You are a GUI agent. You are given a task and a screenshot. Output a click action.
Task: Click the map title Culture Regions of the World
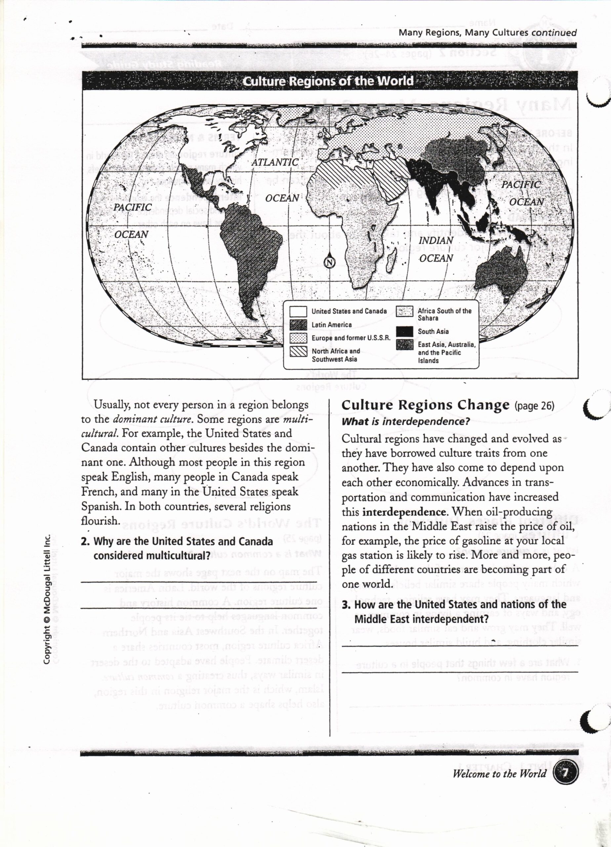coord(328,81)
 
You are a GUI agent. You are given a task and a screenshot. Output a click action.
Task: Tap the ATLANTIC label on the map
coord(275,162)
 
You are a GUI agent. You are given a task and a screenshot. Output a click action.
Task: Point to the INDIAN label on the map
coord(435,241)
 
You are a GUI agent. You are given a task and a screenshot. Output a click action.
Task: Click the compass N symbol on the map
coord(330,263)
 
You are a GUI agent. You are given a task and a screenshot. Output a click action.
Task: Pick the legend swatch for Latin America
coord(298,325)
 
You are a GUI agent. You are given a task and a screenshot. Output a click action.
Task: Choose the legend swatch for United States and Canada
coord(298,311)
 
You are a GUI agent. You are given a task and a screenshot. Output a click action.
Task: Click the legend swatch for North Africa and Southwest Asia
coord(298,352)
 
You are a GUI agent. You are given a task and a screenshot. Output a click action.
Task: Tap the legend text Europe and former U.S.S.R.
coord(351,338)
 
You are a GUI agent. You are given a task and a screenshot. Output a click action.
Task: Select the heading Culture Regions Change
coord(425,405)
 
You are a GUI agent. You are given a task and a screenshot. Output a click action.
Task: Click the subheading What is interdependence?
coord(405,422)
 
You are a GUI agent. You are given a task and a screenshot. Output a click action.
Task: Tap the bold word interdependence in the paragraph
coord(404,512)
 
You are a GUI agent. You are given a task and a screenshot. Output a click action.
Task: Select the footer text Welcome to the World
coord(499,774)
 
